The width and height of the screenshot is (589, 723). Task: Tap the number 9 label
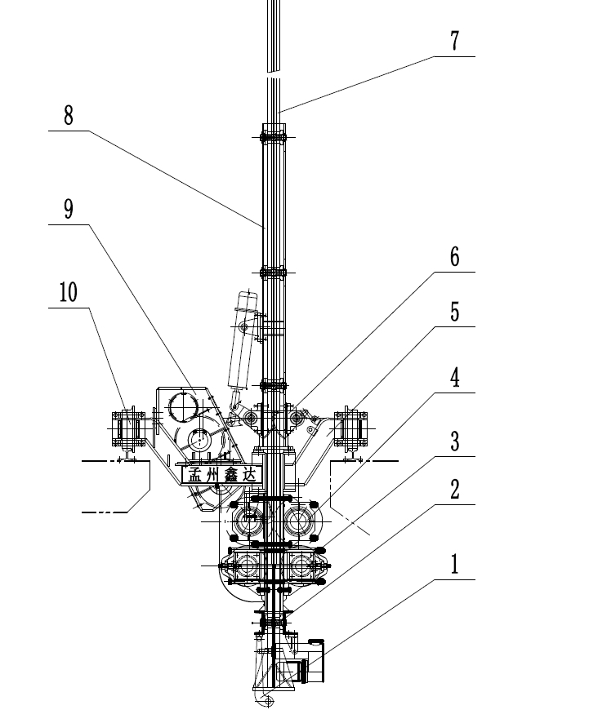[x=69, y=210]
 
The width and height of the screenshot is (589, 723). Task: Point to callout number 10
[x=69, y=292]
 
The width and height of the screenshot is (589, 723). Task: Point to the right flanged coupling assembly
[x=352, y=427]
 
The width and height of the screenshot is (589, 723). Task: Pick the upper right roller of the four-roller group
[x=301, y=518]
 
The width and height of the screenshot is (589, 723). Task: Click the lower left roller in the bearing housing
[x=249, y=566]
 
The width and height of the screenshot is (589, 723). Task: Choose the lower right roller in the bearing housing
[x=301, y=566]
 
